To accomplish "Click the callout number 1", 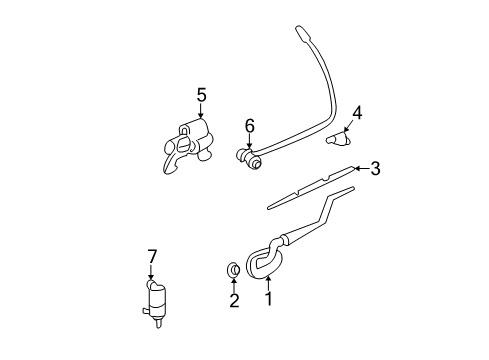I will (x=268, y=297).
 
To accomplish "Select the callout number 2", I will (x=233, y=300).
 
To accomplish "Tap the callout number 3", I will (x=375, y=169).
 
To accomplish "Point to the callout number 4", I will (x=356, y=112).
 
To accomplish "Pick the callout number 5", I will (x=201, y=95).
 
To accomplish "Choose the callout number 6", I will (x=250, y=125).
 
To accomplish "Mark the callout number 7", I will (x=152, y=257).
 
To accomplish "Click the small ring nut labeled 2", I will (x=232, y=269).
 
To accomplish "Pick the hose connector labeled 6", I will (x=247, y=156).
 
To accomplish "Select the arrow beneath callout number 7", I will (x=153, y=274).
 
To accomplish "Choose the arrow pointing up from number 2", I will (x=233, y=284).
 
